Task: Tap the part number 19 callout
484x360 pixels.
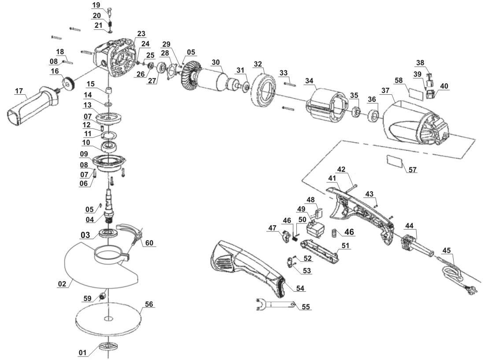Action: pos(96,5)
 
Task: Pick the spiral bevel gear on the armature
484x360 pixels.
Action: pos(191,75)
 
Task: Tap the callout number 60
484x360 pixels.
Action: pos(150,243)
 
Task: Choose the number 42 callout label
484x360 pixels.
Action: pos(341,169)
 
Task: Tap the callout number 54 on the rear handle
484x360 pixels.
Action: pos(300,288)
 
